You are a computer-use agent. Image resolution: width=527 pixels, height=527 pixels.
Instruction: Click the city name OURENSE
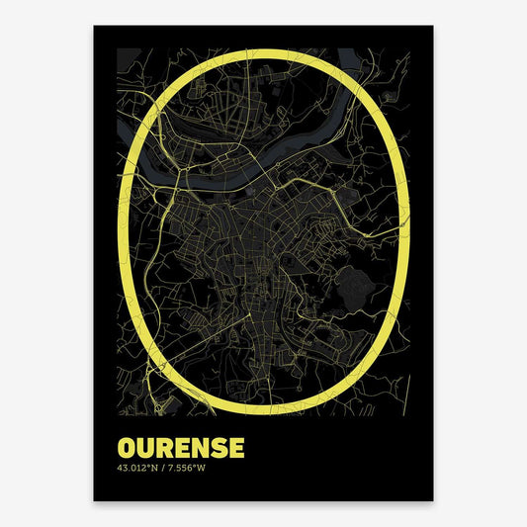click(180, 420)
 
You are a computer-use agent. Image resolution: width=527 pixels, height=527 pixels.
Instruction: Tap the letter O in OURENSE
click(128, 420)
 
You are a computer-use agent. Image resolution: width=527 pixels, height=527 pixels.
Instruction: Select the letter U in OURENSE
click(146, 420)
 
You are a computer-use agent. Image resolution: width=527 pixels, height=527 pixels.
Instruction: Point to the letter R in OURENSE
click(164, 420)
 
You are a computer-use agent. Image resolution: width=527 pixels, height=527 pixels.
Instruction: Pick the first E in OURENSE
click(181, 420)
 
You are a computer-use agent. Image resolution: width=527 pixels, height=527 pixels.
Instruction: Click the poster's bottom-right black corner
click(430, 497)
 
